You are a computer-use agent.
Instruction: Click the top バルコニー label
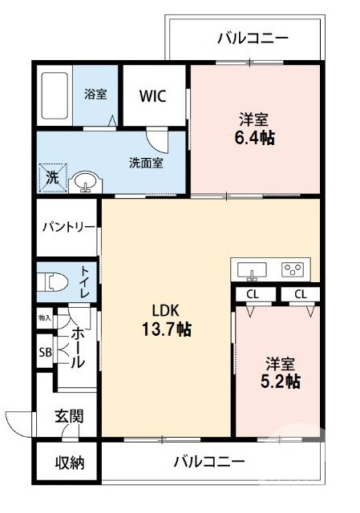(x=253, y=37)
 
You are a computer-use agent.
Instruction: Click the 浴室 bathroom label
(x=95, y=94)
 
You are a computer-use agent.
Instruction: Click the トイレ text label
(x=84, y=282)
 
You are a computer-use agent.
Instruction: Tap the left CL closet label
(x=253, y=294)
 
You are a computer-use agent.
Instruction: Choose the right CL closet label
(x=300, y=294)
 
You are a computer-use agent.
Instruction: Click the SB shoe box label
(x=45, y=352)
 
